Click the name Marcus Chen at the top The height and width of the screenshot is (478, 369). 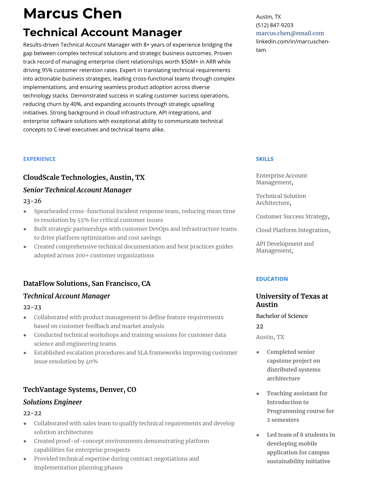click(x=72, y=14)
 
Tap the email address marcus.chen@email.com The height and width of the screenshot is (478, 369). click(x=290, y=33)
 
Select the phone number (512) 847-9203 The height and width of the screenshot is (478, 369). click(x=274, y=25)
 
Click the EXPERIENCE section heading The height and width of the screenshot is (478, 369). click(x=39, y=159)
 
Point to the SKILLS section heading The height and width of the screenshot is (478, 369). click(x=264, y=159)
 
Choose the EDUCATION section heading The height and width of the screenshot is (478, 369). click(x=272, y=279)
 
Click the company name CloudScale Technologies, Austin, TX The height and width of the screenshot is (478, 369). click(x=84, y=177)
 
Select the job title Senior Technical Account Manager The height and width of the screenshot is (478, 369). click(x=77, y=190)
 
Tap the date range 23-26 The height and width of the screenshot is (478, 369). click(x=32, y=201)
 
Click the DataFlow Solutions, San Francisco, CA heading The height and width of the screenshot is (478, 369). click(x=87, y=284)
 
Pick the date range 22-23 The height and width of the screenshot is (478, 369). click(x=32, y=307)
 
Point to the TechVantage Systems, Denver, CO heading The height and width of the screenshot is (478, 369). click(x=80, y=390)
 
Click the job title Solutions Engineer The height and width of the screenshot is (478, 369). click(x=52, y=402)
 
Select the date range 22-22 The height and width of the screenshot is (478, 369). click(x=32, y=413)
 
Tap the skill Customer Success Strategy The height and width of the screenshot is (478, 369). click(x=292, y=217)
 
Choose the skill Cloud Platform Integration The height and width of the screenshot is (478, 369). click(x=292, y=230)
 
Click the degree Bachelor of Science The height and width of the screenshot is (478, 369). click(x=282, y=316)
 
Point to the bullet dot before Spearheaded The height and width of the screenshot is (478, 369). click(x=25, y=212)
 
